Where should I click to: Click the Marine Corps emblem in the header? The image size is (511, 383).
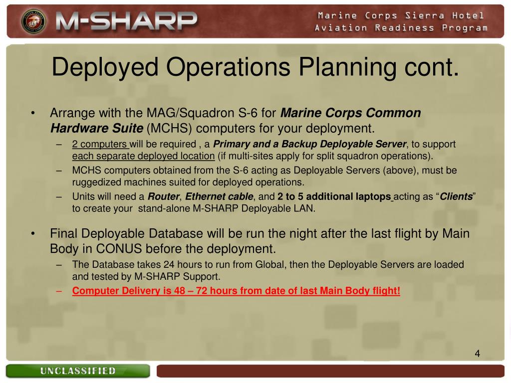[x=33, y=21]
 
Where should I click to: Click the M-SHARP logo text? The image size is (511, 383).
[x=126, y=21]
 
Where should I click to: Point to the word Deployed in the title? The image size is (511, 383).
[x=105, y=67]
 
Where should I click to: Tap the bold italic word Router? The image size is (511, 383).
[x=163, y=196]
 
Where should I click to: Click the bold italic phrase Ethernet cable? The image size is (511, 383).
[x=219, y=196]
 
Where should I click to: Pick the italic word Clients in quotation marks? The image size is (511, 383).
[x=456, y=196]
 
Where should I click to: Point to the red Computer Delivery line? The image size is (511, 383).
[x=236, y=291]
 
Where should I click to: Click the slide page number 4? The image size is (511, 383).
[x=477, y=354]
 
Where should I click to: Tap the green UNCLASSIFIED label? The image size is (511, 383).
[x=78, y=371]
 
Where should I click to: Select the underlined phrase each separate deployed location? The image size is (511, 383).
[x=143, y=156]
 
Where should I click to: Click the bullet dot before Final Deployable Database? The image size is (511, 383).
[x=32, y=233]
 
